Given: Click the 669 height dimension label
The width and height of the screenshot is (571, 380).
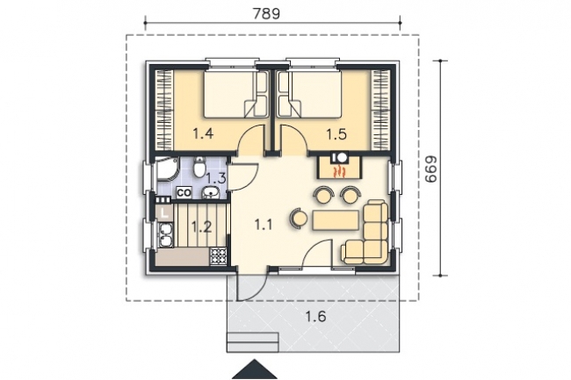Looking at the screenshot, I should [430, 168].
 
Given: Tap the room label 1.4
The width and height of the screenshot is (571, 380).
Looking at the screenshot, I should [203, 134].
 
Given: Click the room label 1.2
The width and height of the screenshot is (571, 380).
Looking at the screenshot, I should [201, 226].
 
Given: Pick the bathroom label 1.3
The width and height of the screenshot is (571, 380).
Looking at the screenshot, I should [218, 178].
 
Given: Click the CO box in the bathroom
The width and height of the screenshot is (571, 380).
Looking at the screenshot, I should [184, 192].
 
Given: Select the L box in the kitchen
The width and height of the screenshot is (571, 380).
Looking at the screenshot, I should [164, 210].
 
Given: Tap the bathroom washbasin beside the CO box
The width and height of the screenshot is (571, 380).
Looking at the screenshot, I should [211, 193].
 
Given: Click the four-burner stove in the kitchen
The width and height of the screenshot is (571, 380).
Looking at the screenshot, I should [218, 255].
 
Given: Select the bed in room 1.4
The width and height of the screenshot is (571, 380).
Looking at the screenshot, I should [230, 94].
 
